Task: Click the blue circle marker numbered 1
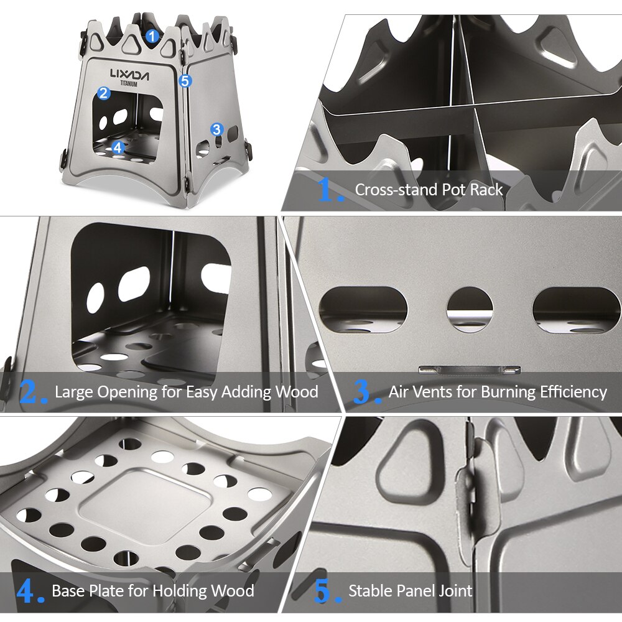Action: pos(153,36)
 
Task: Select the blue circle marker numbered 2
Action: pos(104,93)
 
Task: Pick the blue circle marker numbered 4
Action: pos(118,147)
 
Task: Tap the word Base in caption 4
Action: pos(67,591)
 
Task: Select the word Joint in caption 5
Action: pos(455,591)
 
